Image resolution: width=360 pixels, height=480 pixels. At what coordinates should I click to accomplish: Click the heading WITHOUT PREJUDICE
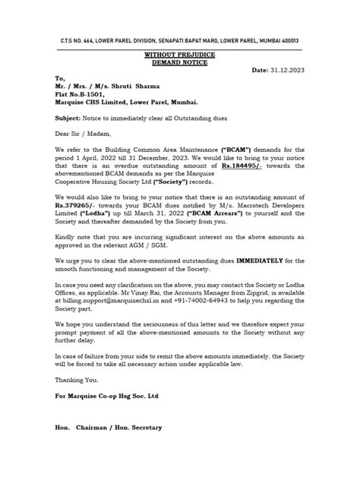point(179,55)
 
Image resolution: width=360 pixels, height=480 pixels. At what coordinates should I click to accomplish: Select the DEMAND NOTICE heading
point(179,63)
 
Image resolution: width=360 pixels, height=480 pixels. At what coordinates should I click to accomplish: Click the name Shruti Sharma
point(142,87)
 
